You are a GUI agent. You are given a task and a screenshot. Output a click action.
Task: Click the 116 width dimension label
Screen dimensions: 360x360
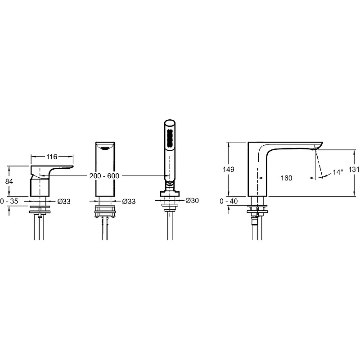(x=52, y=157)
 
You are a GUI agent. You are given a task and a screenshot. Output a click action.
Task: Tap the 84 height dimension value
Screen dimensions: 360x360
(x=9, y=181)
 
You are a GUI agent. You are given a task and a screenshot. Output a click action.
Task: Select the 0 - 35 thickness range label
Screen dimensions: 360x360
(x=9, y=201)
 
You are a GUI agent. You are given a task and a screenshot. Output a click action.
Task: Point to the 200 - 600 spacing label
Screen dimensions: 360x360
(x=104, y=176)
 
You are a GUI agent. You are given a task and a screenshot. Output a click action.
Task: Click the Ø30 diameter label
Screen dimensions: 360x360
(x=192, y=200)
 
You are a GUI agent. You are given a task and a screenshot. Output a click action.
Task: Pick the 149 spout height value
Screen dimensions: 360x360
(x=229, y=170)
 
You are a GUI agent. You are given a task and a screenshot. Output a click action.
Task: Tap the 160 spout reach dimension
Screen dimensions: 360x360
(x=286, y=178)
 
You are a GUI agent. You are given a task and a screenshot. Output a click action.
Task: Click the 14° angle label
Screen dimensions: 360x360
(x=338, y=172)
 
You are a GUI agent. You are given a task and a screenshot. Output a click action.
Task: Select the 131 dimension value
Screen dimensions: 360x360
(x=354, y=170)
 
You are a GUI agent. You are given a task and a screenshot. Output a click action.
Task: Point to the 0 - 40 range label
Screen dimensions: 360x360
(x=229, y=201)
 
